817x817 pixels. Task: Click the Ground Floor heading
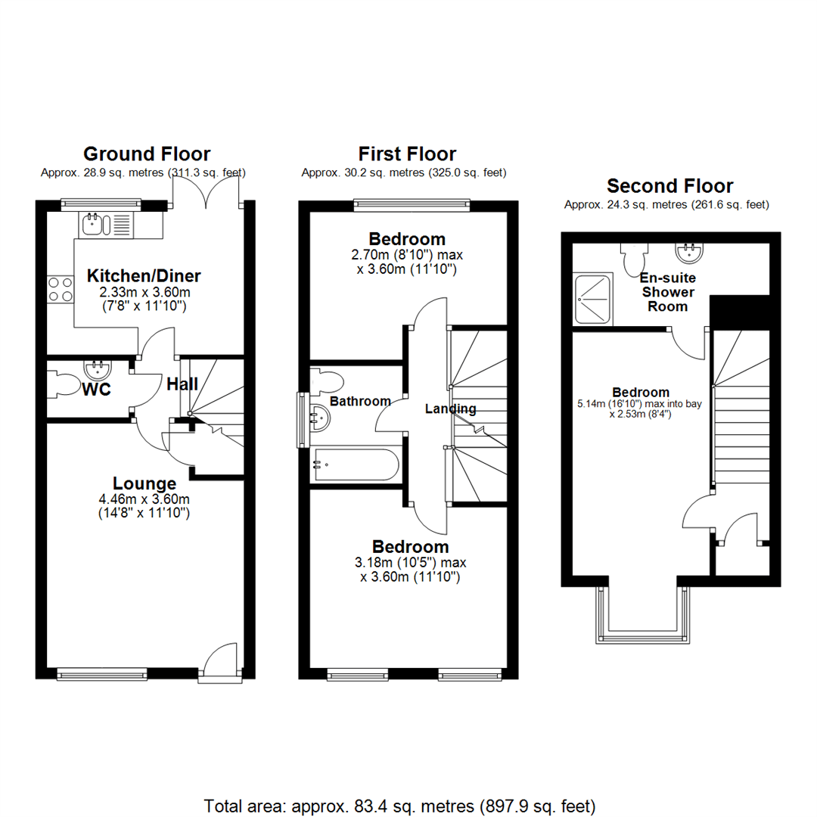pos(147,154)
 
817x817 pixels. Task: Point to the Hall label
pos(182,384)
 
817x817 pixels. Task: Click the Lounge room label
pos(144,483)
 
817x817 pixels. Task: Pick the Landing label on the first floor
pos(451,408)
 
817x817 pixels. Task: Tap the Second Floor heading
pos(669,185)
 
